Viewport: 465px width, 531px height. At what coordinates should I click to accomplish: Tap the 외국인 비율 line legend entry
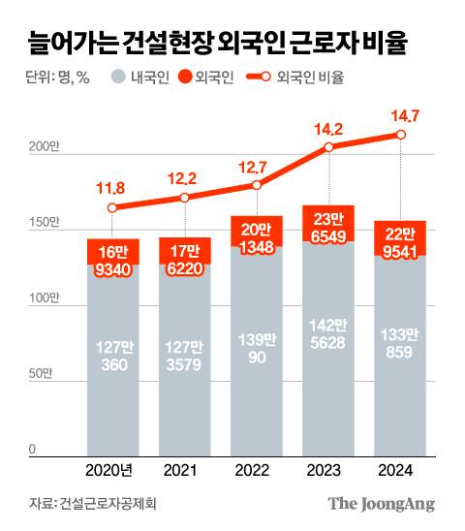point(296,78)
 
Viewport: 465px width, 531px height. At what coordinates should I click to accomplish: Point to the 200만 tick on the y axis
point(42,148)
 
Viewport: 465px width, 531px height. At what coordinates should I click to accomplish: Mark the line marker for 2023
point(329,147)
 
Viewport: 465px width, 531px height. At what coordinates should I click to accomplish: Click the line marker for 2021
point(184,198)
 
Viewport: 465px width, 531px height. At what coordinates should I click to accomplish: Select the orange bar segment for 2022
point(257,231)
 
